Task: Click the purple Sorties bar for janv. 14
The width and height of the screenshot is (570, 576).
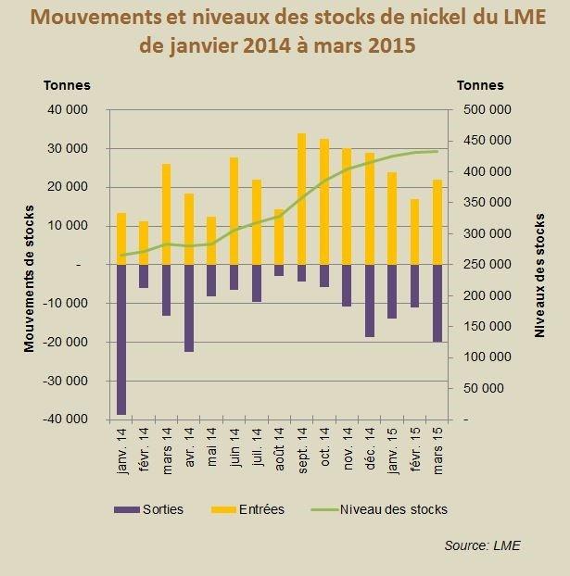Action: coord(121,339)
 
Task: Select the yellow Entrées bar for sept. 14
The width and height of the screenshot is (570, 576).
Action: coord(301,199)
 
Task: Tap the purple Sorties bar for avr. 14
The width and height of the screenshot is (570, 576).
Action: coord(189,308)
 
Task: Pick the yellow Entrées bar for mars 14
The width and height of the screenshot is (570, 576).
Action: coord(167,214)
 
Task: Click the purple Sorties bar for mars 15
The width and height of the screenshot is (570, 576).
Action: coord(436,303)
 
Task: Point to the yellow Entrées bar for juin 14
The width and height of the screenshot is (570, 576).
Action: coord(234,211)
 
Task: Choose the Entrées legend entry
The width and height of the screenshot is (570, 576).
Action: coord(251,509)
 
